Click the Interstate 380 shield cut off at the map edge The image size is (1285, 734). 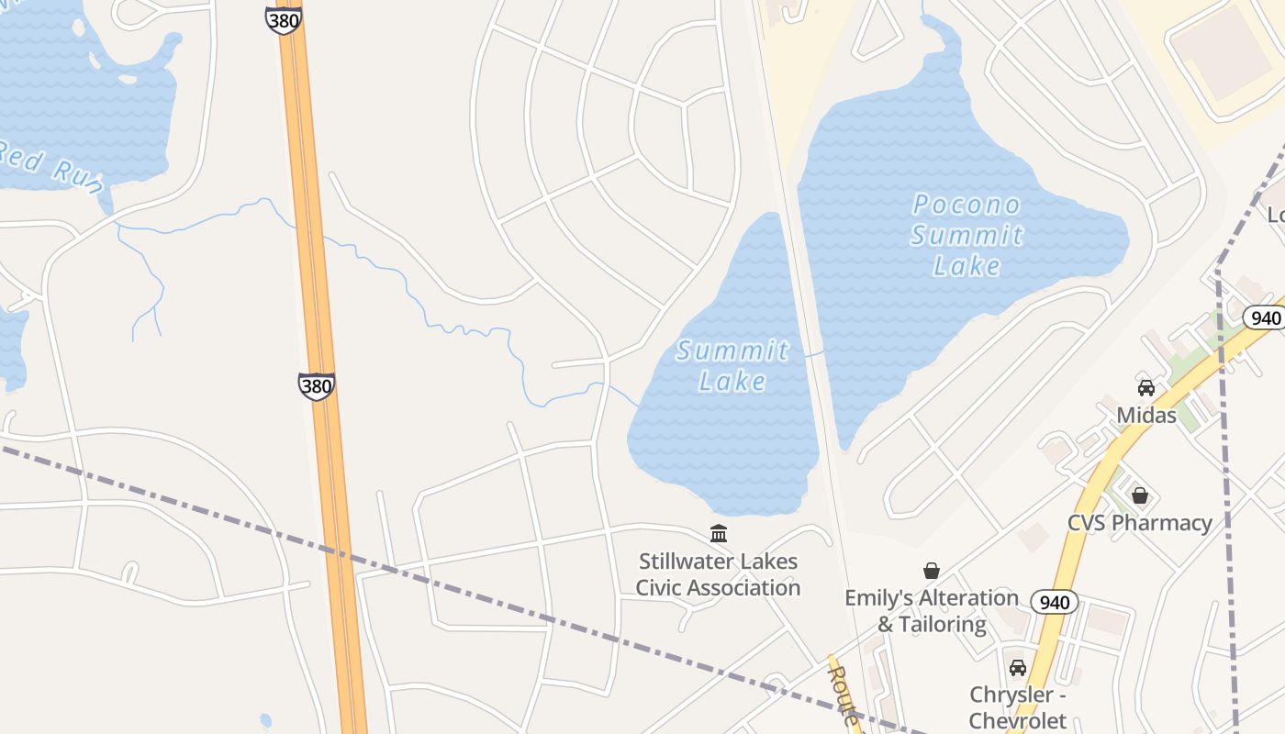point(284,19)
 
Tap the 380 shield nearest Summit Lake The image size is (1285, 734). point(316,385)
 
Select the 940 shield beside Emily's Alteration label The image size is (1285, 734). point(1055,602)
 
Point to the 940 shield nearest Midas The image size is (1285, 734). point(1265,317)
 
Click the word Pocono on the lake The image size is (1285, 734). point(967,205)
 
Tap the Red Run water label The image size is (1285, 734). point(50,165)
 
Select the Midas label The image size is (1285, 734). point(1145,415)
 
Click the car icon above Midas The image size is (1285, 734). point(1145,387)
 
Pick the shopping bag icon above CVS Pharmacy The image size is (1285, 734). point(1140,495)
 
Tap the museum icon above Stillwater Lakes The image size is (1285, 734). point(719,533)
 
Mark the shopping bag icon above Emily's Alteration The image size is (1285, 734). point(932,571)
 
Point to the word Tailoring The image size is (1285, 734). point(942,624)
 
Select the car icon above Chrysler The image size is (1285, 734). point(1017,667)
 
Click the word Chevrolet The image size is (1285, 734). point(1017,720)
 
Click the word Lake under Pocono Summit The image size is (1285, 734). point(967,266)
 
